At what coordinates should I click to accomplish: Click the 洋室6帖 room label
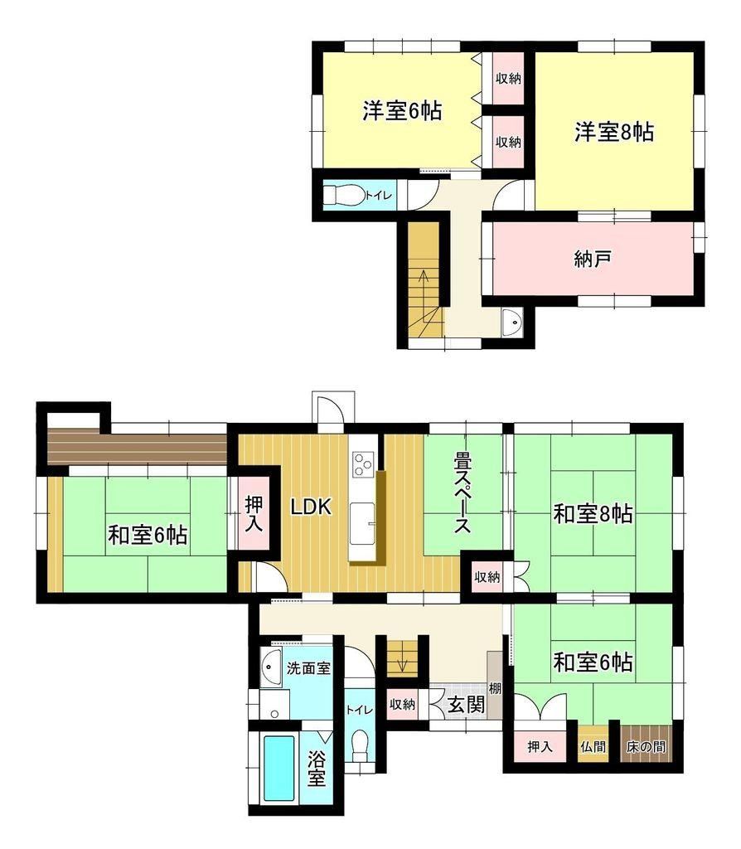[402, 111]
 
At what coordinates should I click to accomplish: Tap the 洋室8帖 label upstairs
[614, 132]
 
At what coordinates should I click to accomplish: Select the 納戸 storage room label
[593, 259]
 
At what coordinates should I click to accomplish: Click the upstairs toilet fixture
[343, 195]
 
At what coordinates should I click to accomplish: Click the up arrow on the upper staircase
[424, 286]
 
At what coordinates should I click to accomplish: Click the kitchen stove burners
[361, 464]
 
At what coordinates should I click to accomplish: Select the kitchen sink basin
[361, 523]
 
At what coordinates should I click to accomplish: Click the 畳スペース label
[463, 493]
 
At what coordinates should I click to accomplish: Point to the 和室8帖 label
[593, 512]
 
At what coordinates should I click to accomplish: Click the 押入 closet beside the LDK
[254, 512]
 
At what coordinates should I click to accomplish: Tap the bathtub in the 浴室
[279, 769]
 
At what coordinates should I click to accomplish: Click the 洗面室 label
[308, 668]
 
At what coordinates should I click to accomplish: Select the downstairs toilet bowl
[360, 745]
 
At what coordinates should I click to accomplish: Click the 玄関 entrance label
[466, 705]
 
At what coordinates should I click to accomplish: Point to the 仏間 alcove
[593, 747]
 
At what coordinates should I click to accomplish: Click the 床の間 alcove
[646, 747]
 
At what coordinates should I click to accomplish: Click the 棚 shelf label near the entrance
[495, 688]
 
